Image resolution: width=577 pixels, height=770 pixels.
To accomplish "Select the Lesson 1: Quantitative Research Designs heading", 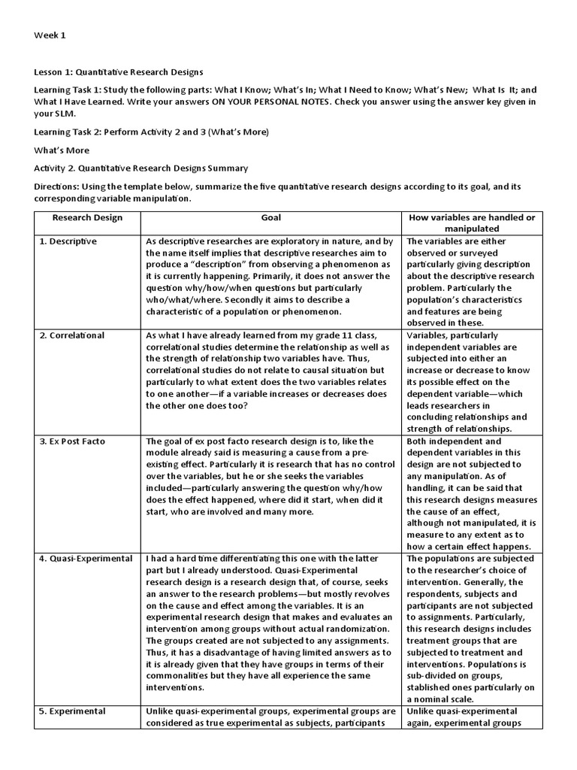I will pyautogui.click(x=119, y=72).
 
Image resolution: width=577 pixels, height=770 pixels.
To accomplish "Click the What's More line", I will pyautogui.click(x=62, y=150).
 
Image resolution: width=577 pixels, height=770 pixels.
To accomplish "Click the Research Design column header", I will pyautogui.click(x=87, y=218).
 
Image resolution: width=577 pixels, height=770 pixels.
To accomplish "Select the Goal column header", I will pyautogui.click(x=271, y=218).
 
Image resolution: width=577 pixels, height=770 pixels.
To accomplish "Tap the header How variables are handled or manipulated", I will pyautogui.click(x=472, y=223).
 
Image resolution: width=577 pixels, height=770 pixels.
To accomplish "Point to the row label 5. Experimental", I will pyautogui.click(x=73, y=711).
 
